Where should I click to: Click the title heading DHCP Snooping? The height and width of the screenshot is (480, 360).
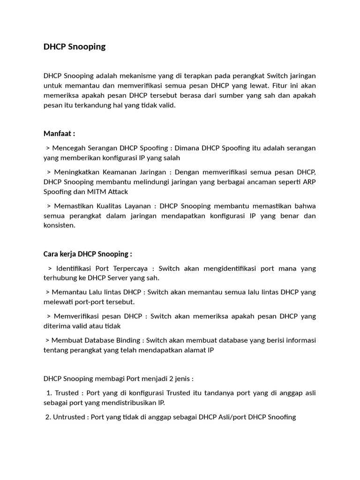(x=75, y=46)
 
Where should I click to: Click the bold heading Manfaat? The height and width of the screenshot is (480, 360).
(x=58, y=134)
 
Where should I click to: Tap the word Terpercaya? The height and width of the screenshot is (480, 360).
(x=128, y=268)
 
